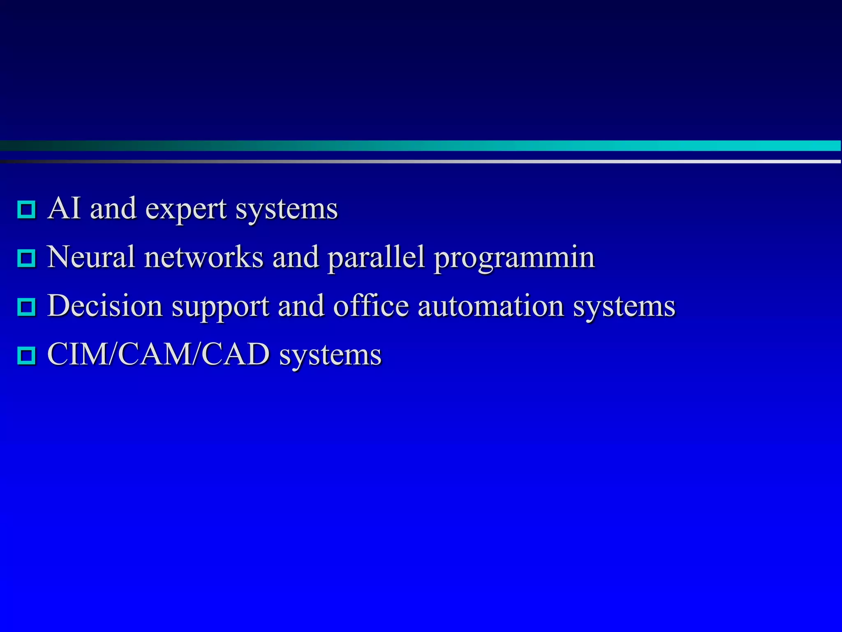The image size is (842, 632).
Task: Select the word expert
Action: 186,210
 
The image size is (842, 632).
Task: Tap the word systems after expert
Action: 287,210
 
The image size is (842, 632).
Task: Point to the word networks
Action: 204,257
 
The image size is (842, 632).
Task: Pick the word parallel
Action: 376,258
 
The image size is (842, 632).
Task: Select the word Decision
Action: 105,306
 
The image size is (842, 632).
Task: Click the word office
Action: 371,306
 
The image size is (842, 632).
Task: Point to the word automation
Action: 490,306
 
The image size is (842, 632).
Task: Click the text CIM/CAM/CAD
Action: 158,354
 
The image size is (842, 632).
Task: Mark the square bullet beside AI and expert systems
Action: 27,209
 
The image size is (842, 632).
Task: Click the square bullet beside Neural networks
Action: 27,258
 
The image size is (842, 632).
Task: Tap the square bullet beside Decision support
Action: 27,307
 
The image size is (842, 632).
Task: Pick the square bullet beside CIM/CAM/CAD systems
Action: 27,355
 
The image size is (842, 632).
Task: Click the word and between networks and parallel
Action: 296,257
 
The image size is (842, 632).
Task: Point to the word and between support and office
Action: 301,306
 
